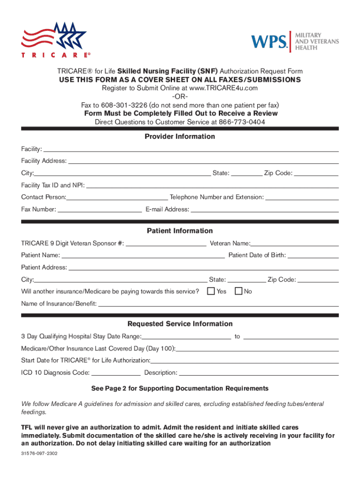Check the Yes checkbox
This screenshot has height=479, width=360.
point(211,291)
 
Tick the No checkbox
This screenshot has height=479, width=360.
point(238,291)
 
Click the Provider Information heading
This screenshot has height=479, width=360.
point(180,137)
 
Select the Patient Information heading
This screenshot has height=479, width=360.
point(180,231)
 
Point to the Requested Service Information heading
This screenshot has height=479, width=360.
point(180,324)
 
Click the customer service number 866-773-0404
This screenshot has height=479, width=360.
point(243,122)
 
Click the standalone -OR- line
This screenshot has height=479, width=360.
point(180,97)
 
